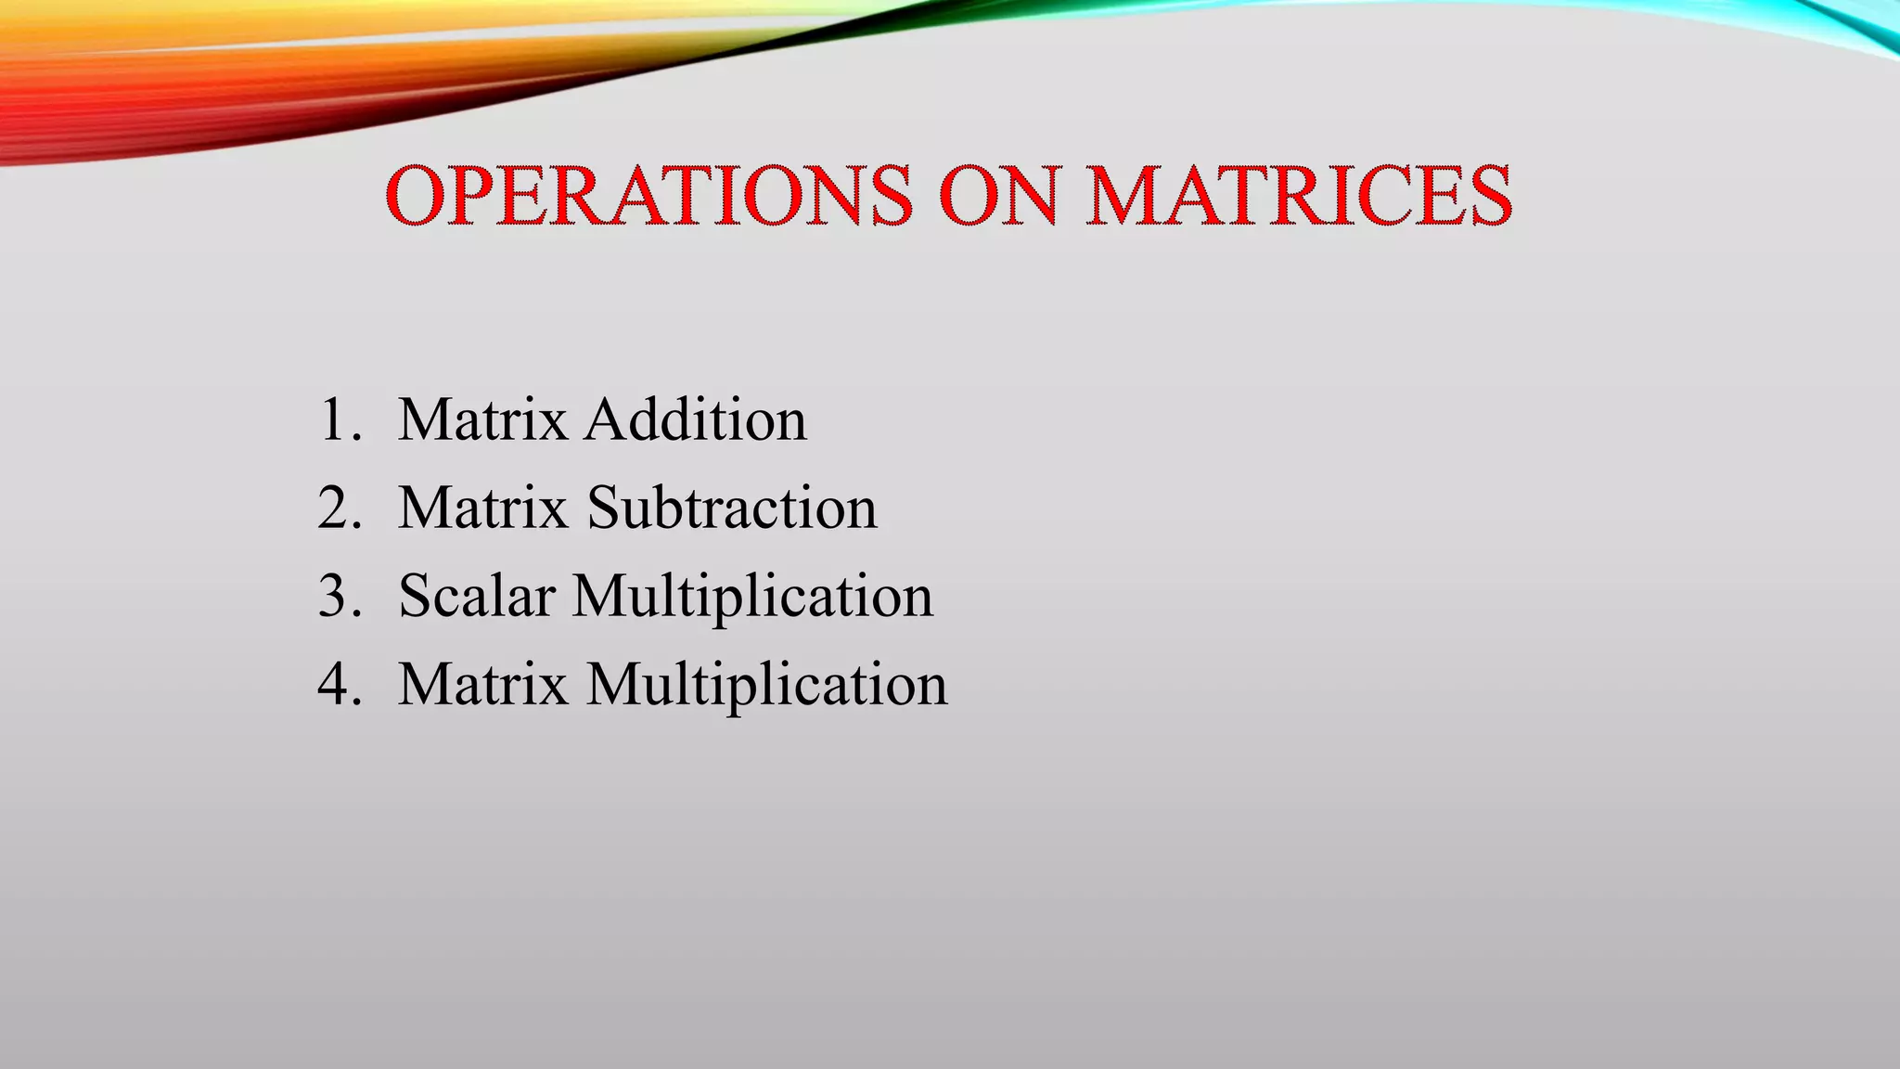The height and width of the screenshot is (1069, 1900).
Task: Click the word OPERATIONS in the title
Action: tap(648, 196)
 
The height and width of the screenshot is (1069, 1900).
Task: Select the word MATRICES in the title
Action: tap(1299, 196)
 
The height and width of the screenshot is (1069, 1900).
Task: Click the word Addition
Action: tap(696, 420)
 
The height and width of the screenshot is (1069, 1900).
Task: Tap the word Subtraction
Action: tap(732, 509)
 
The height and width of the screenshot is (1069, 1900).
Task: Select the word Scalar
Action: tap(477, 597)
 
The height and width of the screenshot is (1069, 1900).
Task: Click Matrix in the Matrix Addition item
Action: tap(482, 420)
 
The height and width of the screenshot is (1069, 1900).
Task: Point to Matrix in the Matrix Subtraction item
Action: tap(482, 509)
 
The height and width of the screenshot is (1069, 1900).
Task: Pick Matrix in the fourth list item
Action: tap(482, 685)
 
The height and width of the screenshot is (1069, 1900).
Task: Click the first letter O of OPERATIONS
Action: tap(416, 196)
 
